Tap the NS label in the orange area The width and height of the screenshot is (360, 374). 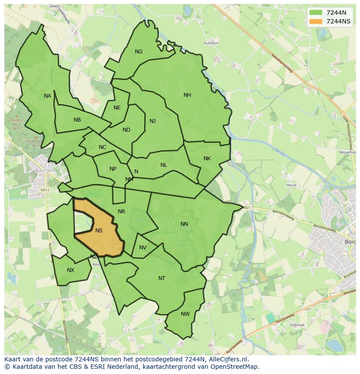99,231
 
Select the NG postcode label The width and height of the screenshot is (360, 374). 139,52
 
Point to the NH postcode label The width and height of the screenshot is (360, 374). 187,95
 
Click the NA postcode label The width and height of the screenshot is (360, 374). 47,96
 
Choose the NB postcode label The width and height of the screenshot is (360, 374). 77,120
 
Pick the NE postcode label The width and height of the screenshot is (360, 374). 117,108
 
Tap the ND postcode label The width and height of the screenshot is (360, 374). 127,130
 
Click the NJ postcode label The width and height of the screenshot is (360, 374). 153,121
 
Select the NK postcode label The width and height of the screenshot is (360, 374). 207,159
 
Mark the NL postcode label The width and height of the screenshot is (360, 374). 163,165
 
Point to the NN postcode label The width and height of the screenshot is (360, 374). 184,224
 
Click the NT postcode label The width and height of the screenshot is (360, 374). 162,278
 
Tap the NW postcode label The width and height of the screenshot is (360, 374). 185,314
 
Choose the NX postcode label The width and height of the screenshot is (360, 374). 70,270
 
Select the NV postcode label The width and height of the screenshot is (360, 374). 143,248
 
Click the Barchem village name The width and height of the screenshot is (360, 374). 46,171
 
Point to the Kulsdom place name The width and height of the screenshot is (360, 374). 211,43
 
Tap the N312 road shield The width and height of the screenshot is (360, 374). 45,190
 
